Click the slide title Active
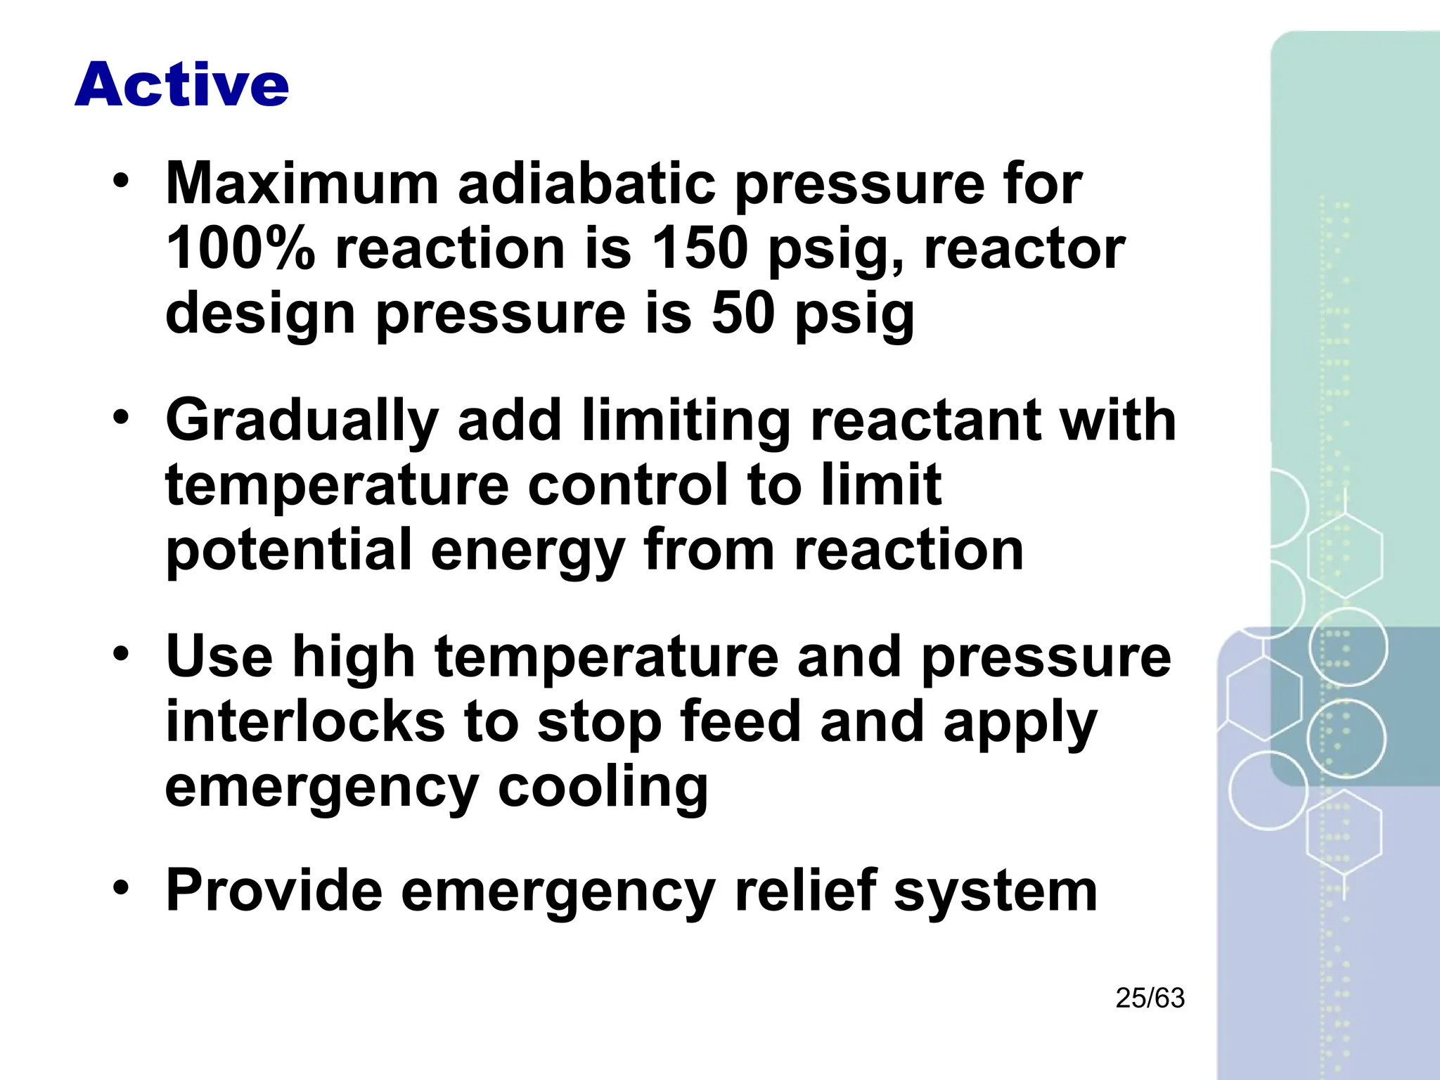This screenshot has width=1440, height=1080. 181,84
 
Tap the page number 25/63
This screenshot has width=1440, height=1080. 1150,998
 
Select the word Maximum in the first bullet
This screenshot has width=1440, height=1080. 302,184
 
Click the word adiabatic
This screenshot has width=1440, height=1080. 586,184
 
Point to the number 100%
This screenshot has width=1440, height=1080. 240,249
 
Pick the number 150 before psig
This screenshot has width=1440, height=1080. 699,249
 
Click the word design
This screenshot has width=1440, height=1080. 260,314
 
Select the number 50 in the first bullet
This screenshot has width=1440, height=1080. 742,314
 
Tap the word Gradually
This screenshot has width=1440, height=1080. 302,420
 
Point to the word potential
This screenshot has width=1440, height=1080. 288,551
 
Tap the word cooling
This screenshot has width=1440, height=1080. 603,787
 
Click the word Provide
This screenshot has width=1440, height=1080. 274,891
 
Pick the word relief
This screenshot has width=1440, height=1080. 805,891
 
